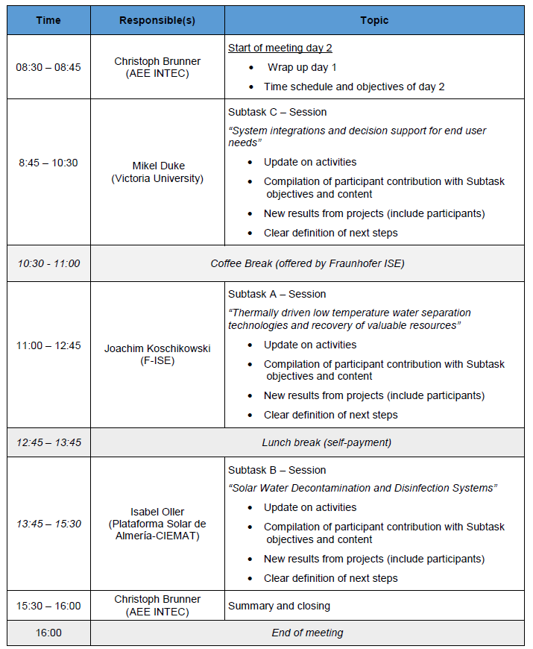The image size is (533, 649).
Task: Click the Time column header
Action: click(48, 20)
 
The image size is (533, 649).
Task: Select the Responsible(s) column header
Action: click(157, 20)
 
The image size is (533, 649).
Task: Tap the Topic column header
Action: click(374, 20)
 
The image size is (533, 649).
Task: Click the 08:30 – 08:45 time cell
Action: click(48, 67)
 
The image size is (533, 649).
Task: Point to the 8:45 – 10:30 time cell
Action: click(48, 163)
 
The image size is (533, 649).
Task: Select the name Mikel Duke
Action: click(157, 166)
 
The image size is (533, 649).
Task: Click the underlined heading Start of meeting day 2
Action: click(280, 48)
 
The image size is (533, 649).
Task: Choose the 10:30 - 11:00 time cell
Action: click(48, 263)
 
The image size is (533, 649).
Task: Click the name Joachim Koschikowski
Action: click(157, 348)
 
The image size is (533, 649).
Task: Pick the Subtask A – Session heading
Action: click(277, 294)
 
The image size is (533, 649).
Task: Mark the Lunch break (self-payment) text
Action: click(327, 442)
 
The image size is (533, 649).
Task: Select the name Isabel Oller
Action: click(157, 512)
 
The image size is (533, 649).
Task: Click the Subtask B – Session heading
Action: click(277, 470)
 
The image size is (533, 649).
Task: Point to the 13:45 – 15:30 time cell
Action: click(48, 524)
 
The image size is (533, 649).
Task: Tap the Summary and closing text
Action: click(279, 606)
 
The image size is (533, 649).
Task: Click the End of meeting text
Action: click(307, 633)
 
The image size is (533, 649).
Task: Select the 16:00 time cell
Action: click(48, 633)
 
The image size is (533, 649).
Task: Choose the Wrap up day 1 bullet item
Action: click(302, 67)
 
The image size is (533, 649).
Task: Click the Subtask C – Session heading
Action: click(277, 112)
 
